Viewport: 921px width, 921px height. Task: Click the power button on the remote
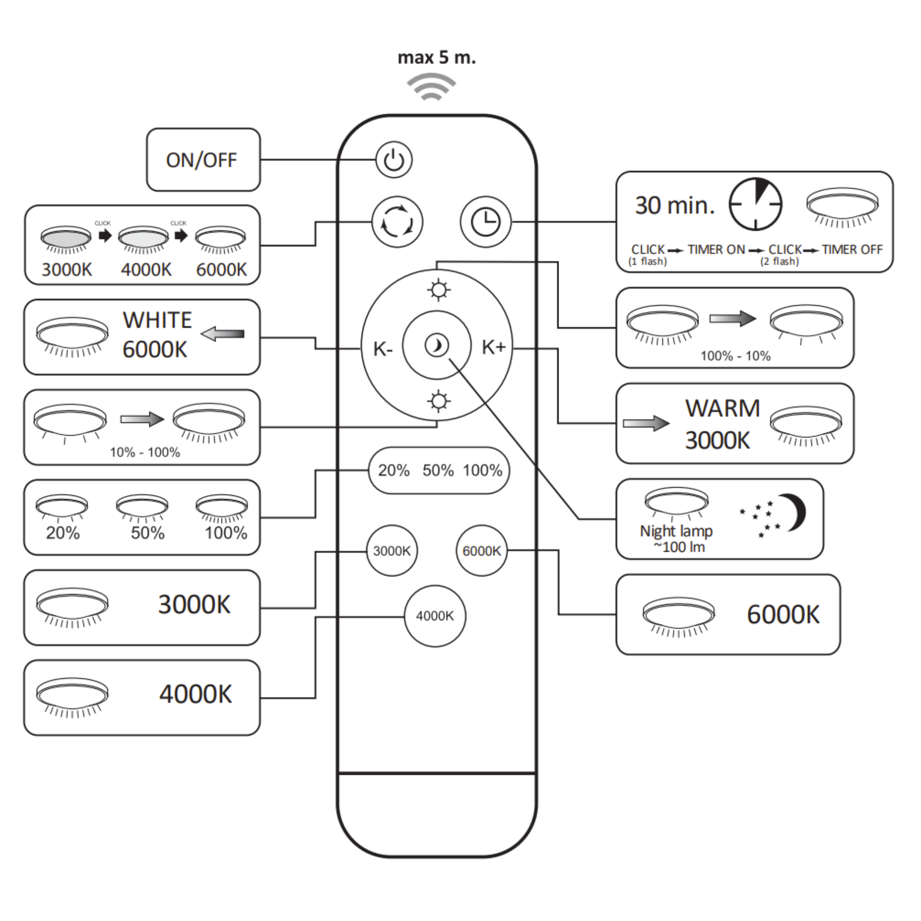tap(394, 160)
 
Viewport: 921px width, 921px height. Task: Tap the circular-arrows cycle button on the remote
tap(397, 222)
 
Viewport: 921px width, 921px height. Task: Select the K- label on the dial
tap(383, 349)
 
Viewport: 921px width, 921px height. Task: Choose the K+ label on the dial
tap(493, 347)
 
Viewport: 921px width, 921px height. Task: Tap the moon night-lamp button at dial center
tap(437, 345)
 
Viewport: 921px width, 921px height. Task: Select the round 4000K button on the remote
tap(435, 616)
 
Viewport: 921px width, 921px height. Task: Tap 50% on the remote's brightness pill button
tap(437, 471)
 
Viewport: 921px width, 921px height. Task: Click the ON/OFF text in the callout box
tap(201, 160)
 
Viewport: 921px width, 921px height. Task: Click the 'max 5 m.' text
tap(437, 58)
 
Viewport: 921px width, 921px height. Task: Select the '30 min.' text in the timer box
tap(675, 205)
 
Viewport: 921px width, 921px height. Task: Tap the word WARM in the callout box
tap(722, 408)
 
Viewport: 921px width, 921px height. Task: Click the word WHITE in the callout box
tap(157, 320)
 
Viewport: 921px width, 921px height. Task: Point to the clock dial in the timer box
tap(756, 204)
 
